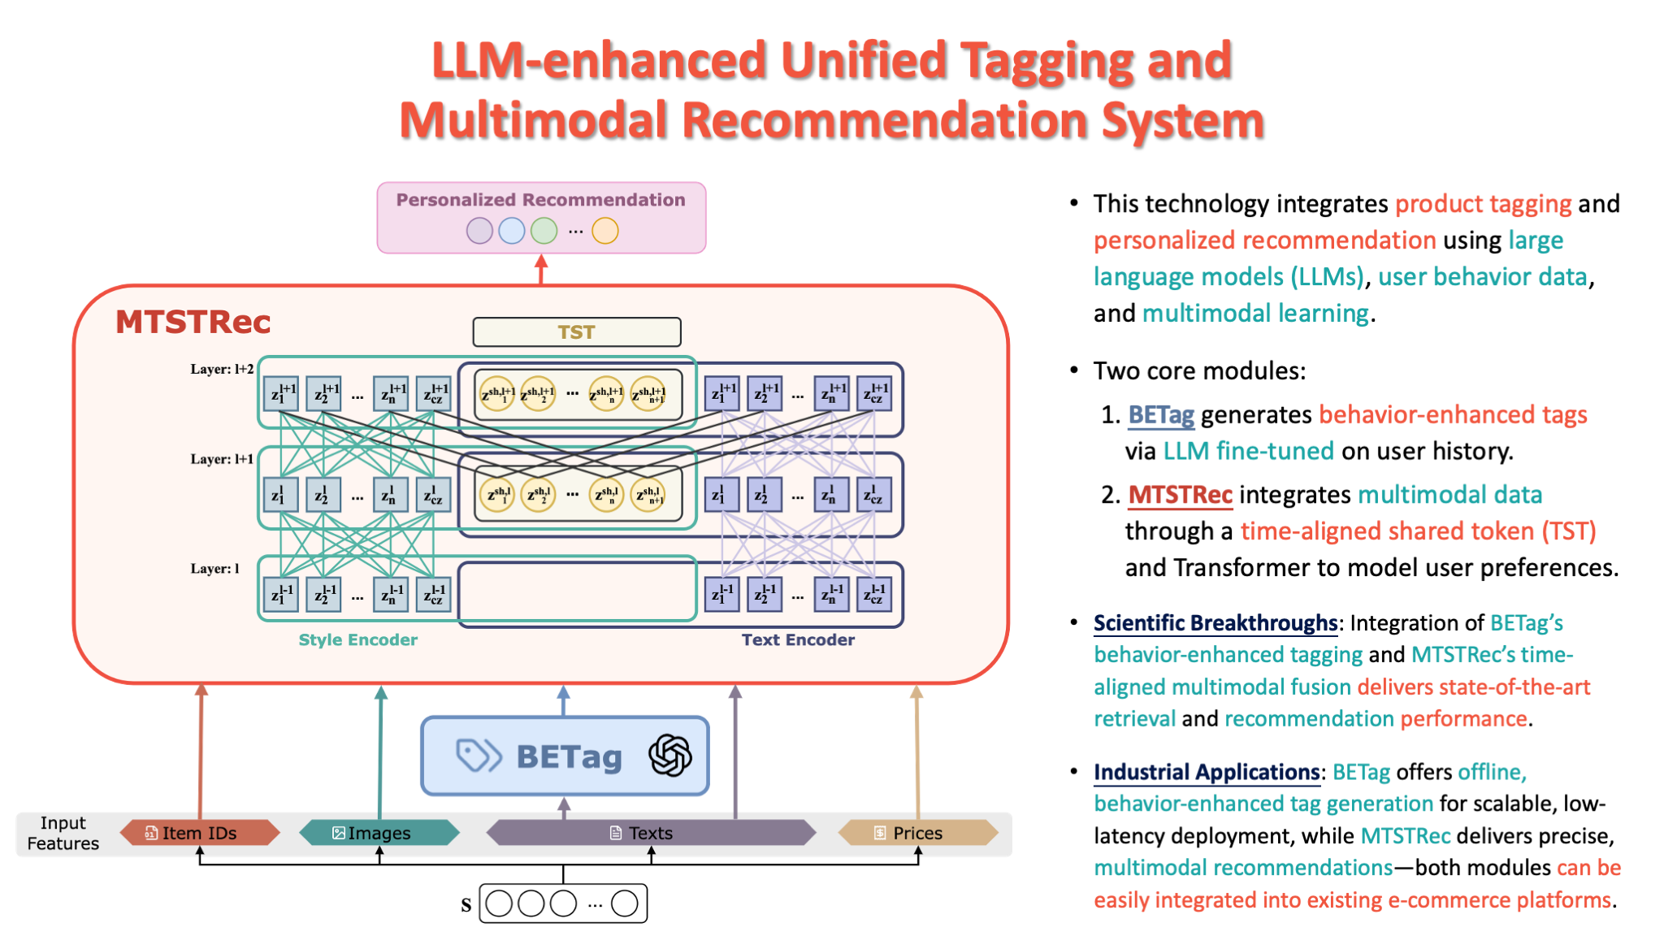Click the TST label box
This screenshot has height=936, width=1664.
(576, 331)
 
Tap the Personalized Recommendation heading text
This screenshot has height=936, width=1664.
(540, 200)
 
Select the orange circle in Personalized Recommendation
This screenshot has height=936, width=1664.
(604, 231)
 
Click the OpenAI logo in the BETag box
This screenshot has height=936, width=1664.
(670, 756)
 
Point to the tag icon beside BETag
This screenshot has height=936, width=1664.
(478, 756)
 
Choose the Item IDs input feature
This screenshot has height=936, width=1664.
(199, 833)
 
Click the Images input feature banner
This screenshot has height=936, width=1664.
(379, 833)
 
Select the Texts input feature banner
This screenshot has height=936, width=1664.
(650, 833)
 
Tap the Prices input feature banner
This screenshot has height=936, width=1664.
(917, 833)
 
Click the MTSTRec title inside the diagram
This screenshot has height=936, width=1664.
(193, 322)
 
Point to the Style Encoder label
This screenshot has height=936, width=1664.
(357, 639)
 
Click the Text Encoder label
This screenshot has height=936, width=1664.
(797, 639)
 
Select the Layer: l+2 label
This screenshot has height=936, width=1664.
(222, 369)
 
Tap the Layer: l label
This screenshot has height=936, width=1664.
(214, 569)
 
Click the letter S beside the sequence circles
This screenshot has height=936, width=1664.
(466, 904)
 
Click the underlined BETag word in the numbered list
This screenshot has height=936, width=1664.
(1160, 415)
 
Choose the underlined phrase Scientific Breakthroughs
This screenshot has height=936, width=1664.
(1215, 623)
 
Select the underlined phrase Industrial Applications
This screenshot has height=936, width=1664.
(1206, 772)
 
